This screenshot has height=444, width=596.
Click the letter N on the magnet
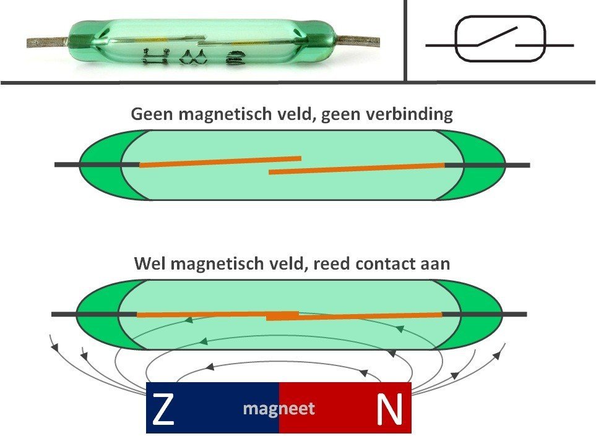point(390,409)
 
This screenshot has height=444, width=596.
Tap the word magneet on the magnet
point(279,409)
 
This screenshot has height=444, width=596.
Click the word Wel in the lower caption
point(150,263)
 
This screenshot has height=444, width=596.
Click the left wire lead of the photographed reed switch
point(46,42)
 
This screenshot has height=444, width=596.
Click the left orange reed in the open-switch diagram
point(220,161)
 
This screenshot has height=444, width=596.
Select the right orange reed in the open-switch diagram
point(356,168)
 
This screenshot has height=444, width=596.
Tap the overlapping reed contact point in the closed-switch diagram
point(283,316)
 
